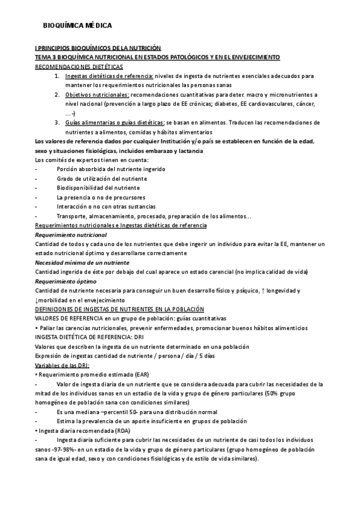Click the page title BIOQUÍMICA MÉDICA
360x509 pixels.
(x=77, y=26)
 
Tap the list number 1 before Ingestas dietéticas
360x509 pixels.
(x=56, y=76)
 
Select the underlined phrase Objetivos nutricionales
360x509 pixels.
(x=97, y=95)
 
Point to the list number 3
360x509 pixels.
(x=56, y=122)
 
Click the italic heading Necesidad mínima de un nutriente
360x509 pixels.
(x=82, y=262)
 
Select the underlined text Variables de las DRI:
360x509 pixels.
(x=62, y=365)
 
